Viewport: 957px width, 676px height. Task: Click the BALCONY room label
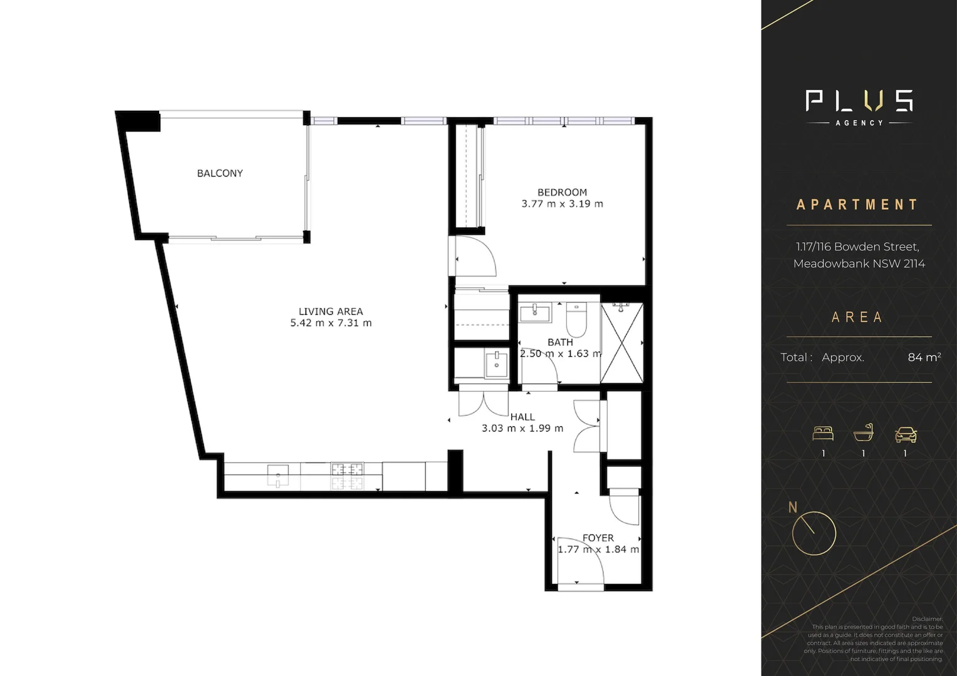220,173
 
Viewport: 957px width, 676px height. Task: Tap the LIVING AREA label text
331,312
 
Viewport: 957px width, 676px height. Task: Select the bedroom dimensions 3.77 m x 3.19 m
562,204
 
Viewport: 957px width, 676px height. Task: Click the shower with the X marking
622,342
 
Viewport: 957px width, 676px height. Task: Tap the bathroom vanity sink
535,312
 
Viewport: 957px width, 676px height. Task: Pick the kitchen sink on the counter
278,475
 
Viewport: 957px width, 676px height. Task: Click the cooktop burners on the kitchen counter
348,476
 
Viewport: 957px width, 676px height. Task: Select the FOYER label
598,538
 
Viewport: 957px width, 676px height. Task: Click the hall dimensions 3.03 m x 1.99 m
522,429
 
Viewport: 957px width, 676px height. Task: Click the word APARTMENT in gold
857,205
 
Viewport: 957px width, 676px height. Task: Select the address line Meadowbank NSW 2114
859,264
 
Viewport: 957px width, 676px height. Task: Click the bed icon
823,433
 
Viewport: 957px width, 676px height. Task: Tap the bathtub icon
863,433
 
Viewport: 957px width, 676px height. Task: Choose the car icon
906,433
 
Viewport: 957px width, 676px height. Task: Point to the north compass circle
814,533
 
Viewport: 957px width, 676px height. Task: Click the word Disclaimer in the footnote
927,619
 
